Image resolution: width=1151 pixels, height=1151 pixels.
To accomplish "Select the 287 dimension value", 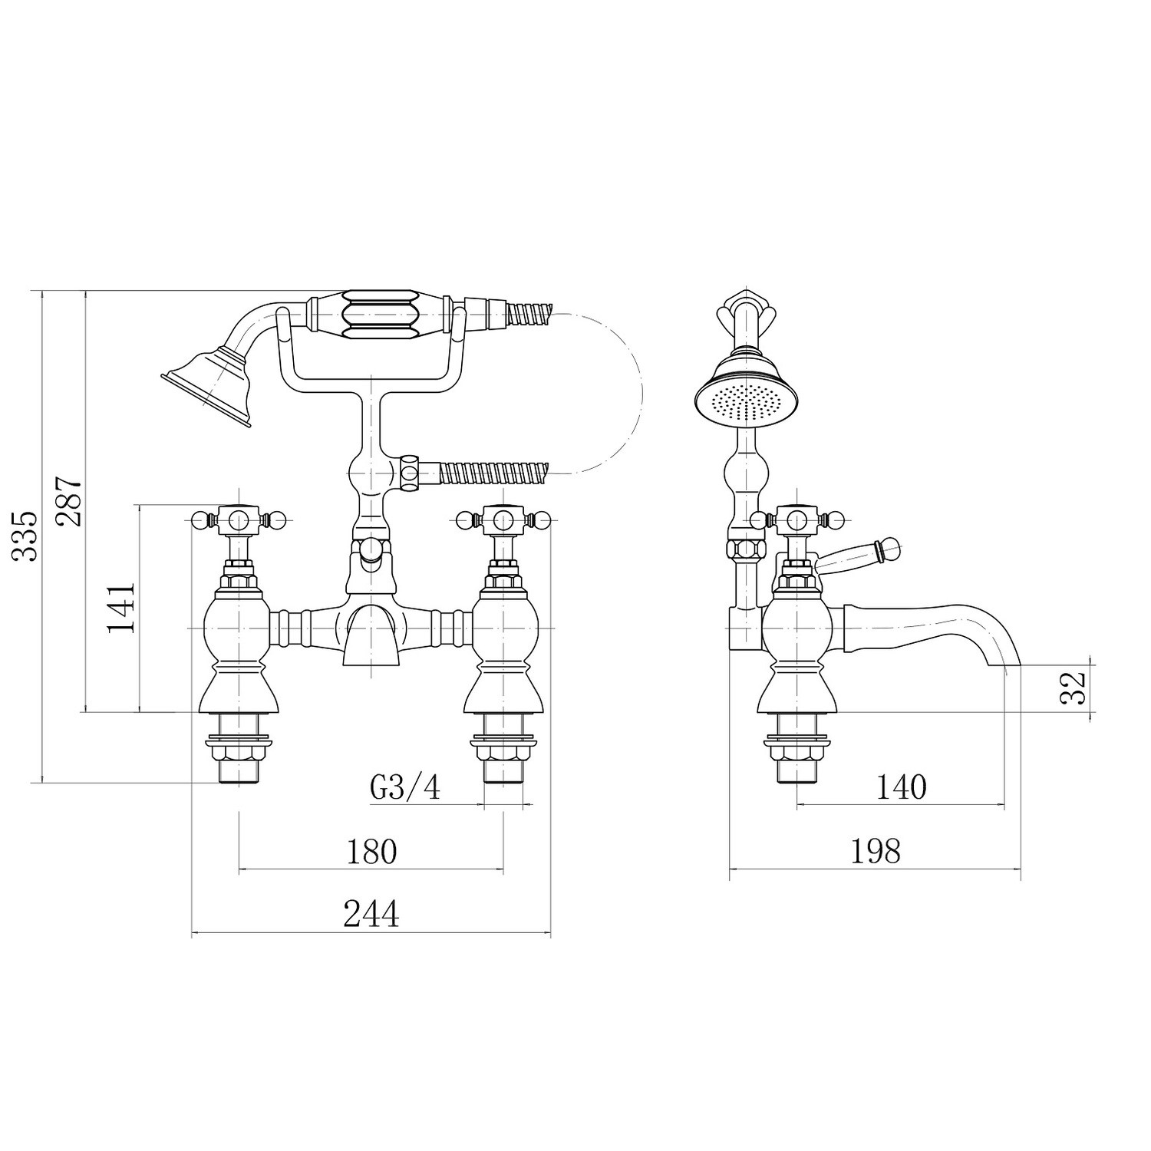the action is pyautogui.click(x=69, y=501).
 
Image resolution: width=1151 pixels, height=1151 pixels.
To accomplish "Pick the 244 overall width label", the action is pyautogui.click(x=371, y=915).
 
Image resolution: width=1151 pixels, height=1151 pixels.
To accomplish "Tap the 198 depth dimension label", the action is pyautogui.click(x=875, y=851).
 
